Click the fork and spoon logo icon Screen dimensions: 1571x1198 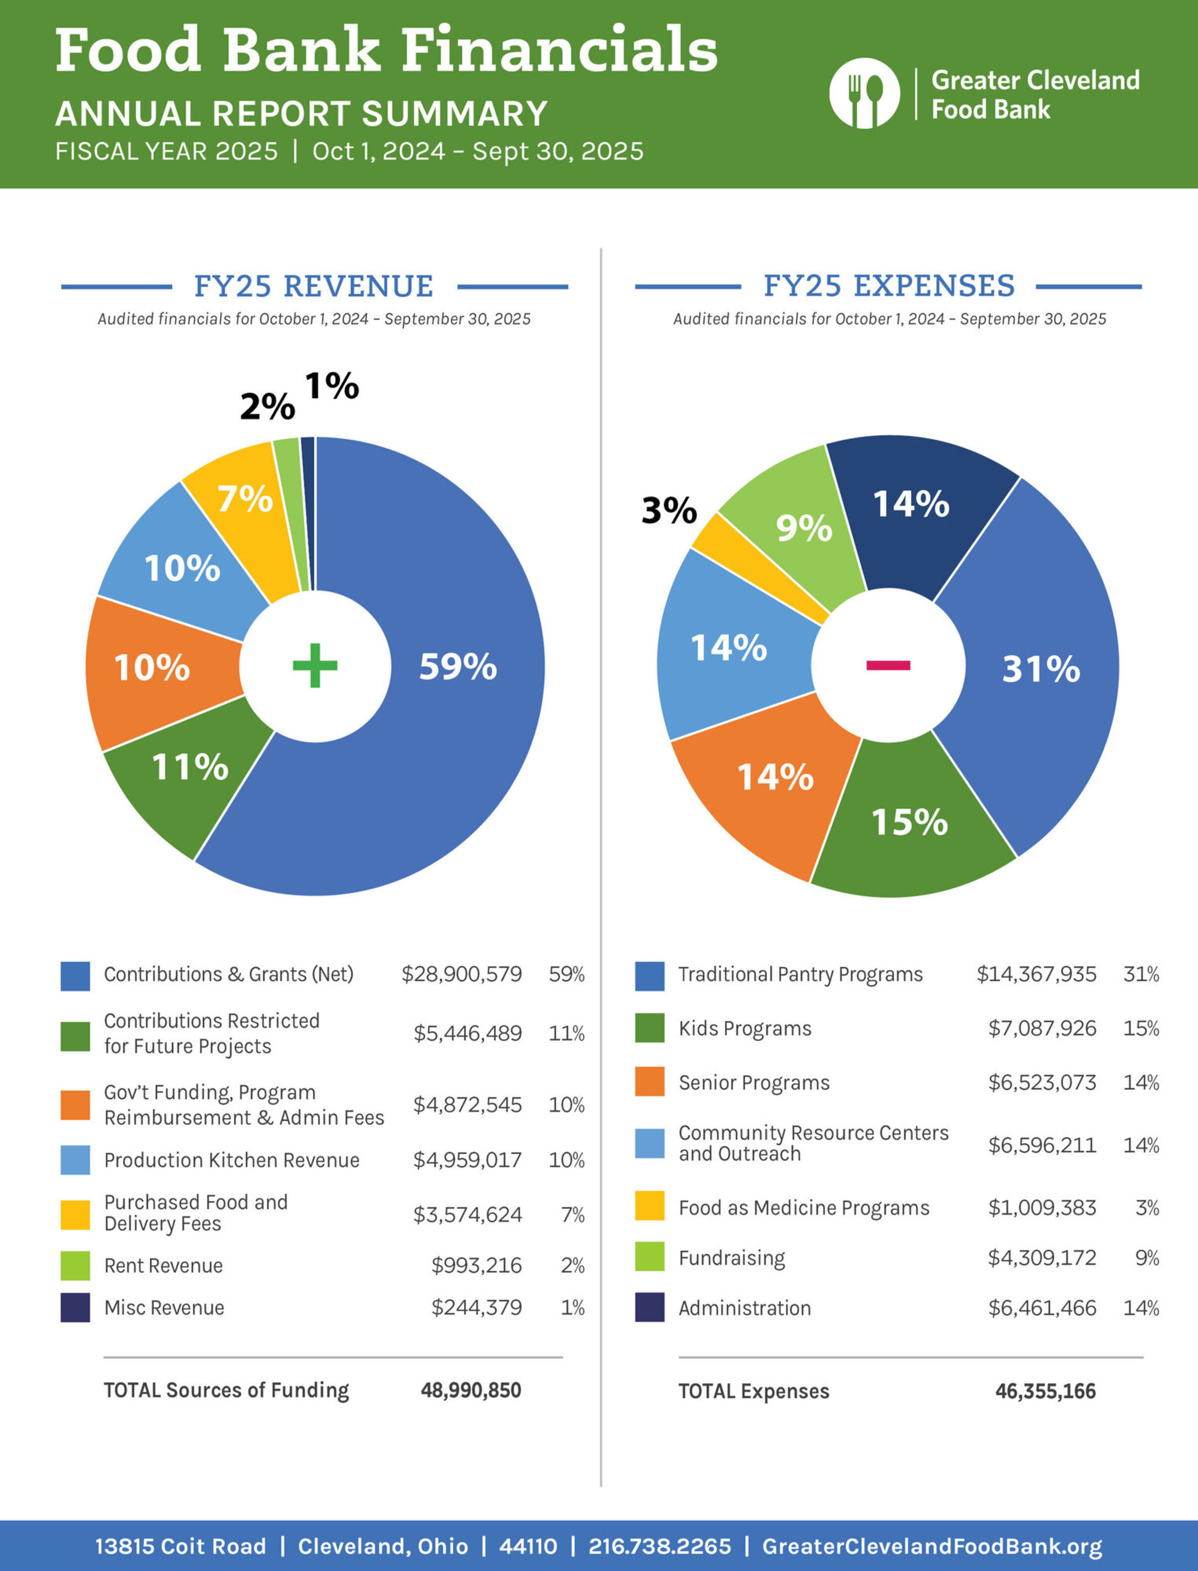[x=864, y=93]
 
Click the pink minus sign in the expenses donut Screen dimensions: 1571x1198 [x=888, y=665]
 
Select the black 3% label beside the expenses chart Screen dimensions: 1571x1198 [x=668, y=511]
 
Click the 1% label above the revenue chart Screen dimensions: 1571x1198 [x=332, y=386]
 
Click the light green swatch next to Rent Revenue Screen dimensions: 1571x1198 [x=75, y=1265]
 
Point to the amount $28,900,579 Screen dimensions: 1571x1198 [x=461, y=974]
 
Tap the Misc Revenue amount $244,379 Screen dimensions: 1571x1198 [x=476, y=1307]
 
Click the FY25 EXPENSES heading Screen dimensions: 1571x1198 [x=888, y=286]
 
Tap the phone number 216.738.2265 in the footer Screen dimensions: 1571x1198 [x=659, y=1546]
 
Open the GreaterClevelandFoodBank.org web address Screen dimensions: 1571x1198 [x=931, y=1546]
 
